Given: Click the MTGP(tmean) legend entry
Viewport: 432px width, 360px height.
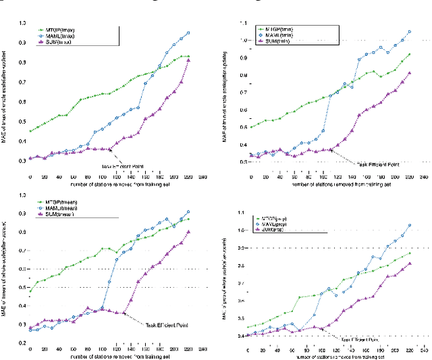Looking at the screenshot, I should click(x=61, y=201).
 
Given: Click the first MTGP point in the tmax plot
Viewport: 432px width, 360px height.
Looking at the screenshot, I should click(x=30, y=131).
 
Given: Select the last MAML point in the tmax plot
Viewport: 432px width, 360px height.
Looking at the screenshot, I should click(x=188, y=32).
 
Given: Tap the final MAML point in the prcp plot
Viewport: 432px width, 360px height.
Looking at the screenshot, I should click(x=408, y=226).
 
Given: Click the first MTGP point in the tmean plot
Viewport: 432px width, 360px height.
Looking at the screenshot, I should click(x=30, y=292).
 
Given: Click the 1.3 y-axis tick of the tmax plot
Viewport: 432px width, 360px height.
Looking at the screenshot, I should click(x=22, y=23).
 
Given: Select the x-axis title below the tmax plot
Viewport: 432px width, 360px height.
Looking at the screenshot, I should click(x=101, y=184).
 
